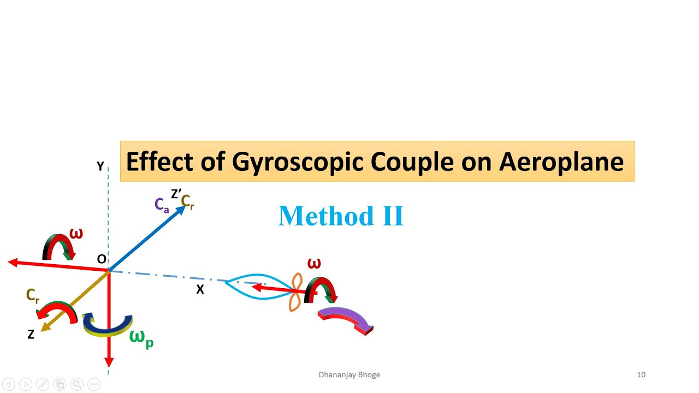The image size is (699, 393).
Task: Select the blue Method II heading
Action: tap(341, 216)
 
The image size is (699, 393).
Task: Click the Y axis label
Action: tap(100, 166)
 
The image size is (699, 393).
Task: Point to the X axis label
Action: tap(200, 290)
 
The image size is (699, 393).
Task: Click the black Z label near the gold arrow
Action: tap(31, 335)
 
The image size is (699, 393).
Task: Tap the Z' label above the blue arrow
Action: tap(176, 194)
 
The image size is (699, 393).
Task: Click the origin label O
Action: tap(102, 259)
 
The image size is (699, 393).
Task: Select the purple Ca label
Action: tap(162, 205)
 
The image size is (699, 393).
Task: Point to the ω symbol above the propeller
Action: tap(314, 264)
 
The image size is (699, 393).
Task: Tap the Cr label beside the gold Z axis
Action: tap(33, 296)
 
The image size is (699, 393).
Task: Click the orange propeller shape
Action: tap(295, 293)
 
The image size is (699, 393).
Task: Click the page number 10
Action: tap(641, 374)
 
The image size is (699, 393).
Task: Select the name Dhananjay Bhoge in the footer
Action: tap(349, 374)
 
